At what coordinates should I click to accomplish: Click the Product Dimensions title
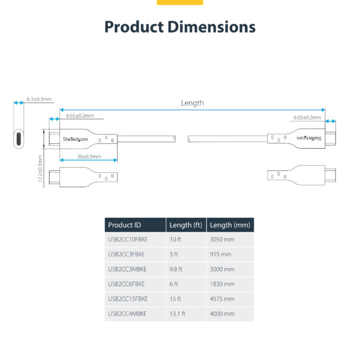(180, 27)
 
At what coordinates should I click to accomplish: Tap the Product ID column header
(124, 225)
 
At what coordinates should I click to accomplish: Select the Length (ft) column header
(186, 225)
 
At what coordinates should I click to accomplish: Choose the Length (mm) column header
(230, 225)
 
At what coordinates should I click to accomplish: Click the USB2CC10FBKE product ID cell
(127, 239)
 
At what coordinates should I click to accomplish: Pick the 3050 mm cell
(222, 239)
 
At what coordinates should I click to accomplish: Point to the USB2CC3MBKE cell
(127, 269)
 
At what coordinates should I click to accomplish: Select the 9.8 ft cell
(176, 269)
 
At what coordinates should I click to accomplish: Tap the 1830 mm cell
(222, 284)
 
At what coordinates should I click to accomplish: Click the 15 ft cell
(175, 298)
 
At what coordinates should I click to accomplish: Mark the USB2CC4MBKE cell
(127, 313)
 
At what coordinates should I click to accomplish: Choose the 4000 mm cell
(222, 313)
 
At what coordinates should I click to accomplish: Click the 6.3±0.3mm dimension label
(40, 99)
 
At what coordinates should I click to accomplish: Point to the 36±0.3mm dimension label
(88, 157)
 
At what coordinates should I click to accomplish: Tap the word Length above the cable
(192, 103)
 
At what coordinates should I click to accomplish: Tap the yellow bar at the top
(180, 2)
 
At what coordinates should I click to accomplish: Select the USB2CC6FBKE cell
(127, 284)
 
